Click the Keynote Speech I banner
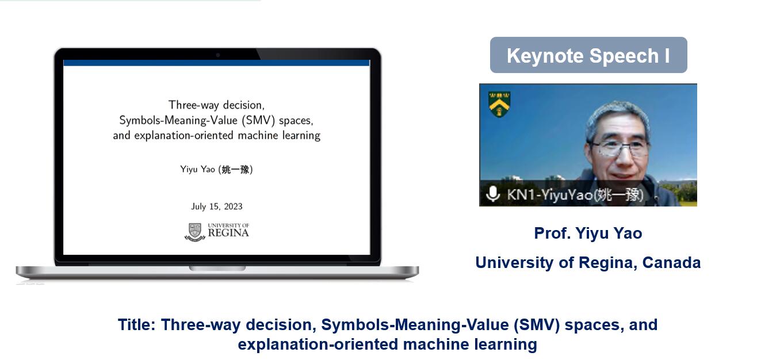pyautogui.click(x=588, y=55)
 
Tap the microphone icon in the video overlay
pyautogui.click(x=493, y=194)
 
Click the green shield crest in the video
pyautogui.click(x=499, y=104)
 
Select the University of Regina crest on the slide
pyautogui.click(x=195, y=232)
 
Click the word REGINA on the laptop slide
pyautogui.click(x=228, y=233)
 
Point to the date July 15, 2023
pyautogui.click(x=217, y=206)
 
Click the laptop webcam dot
pyautogui.click(x=218, y=55)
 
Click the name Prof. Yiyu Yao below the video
pyautogui.click(x=588, y=233)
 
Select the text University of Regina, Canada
pyautogui.click(x=588, y=262)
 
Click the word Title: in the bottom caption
pyautogui.click(x=136, y=324)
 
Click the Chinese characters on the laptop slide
pyautogui.click(x=235, y=169)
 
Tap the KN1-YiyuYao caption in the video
pyautogui.click(x=575, y=194)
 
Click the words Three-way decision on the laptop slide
pyautogui.click(x=216, y=105)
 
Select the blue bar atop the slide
pyautogui.click(x=217, y=63)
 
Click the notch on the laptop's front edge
pyautogui.click(x=217, y=268)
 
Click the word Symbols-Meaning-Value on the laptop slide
pyautogui.click(x=178, y=120)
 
